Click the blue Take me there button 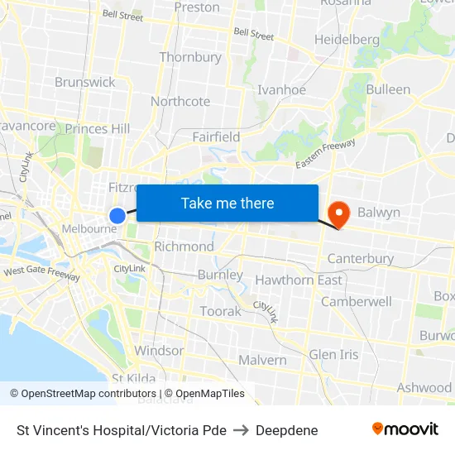pos(227,204)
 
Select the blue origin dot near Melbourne pos(117,215)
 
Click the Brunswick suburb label pos(85,82)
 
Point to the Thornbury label pos(190,57)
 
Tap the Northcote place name pos(180,101)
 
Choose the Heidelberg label pos(347,40)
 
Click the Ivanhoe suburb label pos(282,90)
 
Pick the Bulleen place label pos(388,89)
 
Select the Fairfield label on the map pos(216,136)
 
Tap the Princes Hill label pos(98,128)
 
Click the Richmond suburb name pos(184,247)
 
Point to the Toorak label pos(220,311)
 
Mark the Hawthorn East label pos(299,280)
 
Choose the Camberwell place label pos(357,301)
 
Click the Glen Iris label pos(333,354)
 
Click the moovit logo pos(405,429)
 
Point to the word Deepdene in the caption pos(286,430)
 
